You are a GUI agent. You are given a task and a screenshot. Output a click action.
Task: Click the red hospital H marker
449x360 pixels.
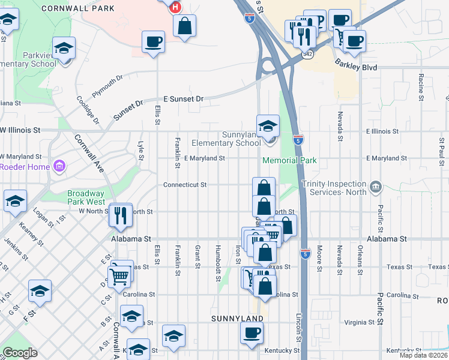pos(175,7)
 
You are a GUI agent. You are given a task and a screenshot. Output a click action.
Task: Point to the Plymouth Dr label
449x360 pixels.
pos(107,86)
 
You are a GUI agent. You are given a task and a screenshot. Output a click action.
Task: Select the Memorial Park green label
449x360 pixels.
pos(289,161)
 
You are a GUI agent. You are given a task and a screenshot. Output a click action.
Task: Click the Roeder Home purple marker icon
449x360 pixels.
pos(59,166)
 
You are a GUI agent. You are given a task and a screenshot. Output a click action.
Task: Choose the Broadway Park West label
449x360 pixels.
pos(85,198)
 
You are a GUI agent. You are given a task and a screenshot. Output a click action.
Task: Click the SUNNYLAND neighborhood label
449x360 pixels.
pos(237,318)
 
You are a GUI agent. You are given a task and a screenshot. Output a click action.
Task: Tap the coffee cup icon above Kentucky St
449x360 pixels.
pos(252,332)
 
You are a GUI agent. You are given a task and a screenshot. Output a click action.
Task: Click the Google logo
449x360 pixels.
pos(20,353)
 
